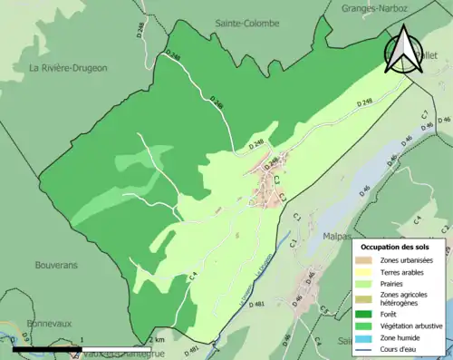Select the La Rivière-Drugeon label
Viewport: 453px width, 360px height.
click(x=69, y=68)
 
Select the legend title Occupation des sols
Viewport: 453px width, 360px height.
click(x=396, y=247)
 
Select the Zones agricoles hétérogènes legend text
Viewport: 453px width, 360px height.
click(x=404, y=300)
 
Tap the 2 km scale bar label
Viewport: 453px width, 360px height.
click(x=156, y=340)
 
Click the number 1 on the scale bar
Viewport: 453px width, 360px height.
click(x=82, y=340)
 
